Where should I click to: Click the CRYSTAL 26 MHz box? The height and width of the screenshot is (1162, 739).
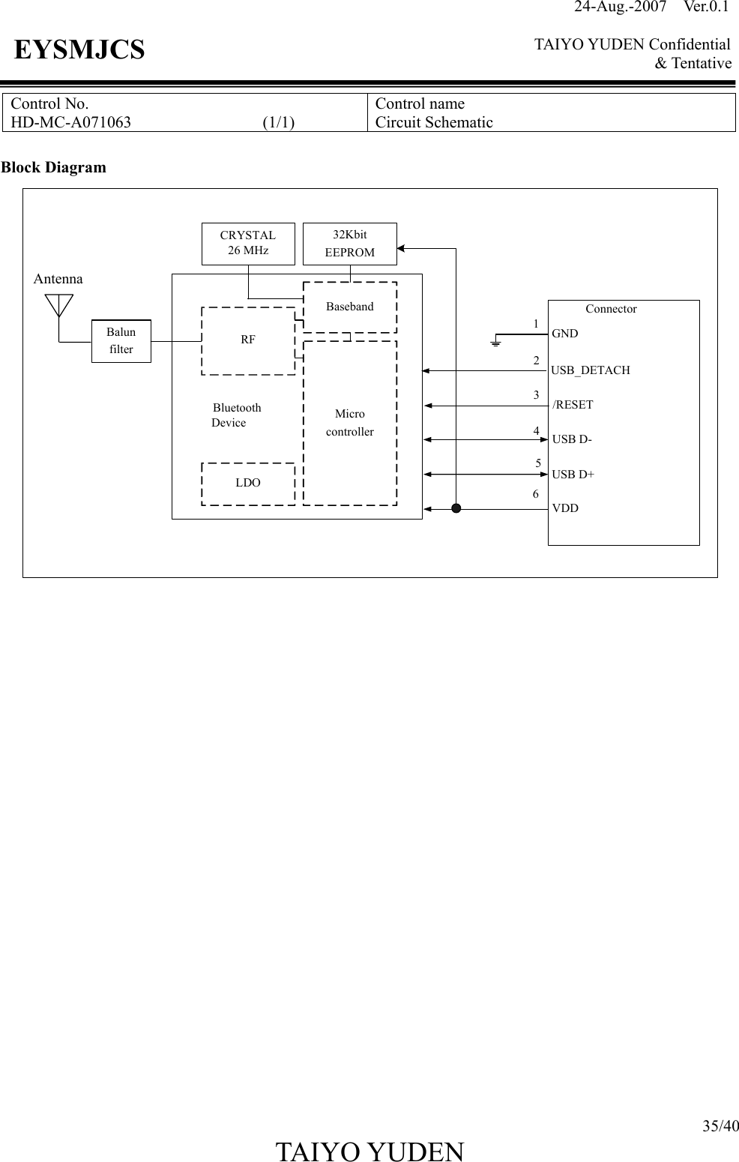[248, 244]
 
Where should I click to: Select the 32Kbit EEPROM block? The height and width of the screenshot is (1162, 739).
[349, 244]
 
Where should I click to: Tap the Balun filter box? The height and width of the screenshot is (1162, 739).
[121, 341]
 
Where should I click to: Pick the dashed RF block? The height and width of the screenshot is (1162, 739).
[248, 340]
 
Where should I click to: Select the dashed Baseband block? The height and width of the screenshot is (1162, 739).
[349, 307]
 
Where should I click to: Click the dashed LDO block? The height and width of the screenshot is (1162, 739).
[248, 484]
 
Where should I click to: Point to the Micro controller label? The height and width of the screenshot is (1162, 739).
[349, 423]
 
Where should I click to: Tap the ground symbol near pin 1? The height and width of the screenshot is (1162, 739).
[495, 343]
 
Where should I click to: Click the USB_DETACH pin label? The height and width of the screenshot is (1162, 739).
[591, 370]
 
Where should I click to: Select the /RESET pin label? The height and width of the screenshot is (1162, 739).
[573, 405]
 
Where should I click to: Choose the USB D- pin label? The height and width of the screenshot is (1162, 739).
[572, 439]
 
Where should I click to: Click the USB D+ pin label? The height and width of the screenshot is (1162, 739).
[573, 475]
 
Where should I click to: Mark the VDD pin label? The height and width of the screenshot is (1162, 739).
[565, 508]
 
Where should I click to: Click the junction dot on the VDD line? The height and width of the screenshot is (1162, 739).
[456, 509]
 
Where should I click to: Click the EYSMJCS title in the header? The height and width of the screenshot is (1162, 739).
[79, 51]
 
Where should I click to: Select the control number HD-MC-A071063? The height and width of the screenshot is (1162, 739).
[70, 122]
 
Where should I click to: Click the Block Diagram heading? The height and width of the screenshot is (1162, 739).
[53, 167]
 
